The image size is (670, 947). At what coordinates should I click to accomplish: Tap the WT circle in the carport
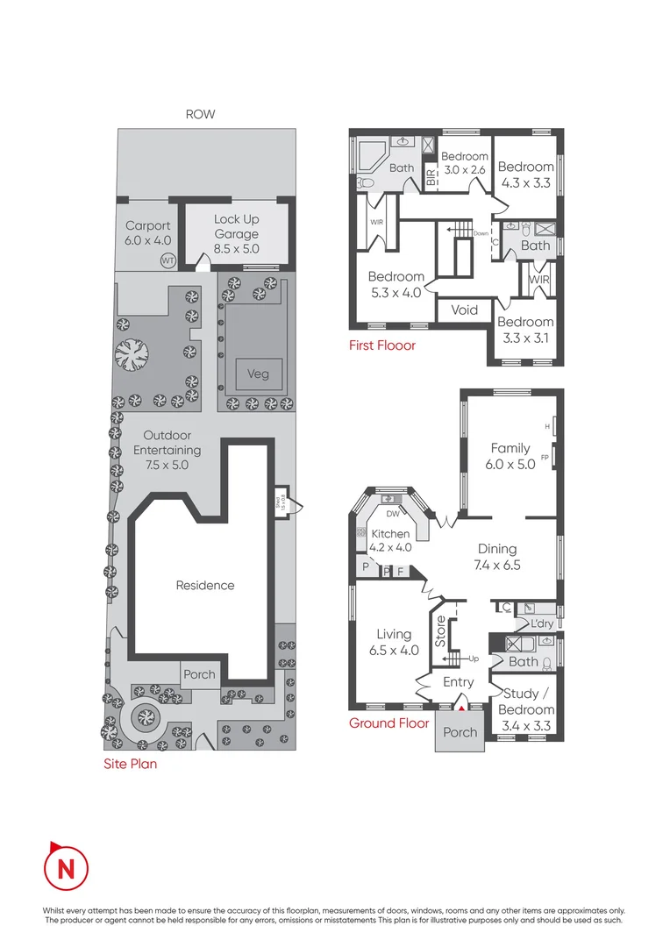click(167, 260)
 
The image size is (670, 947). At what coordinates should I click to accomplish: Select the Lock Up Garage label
click(236, 234)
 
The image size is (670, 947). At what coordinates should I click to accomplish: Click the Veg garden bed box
click(257, 374)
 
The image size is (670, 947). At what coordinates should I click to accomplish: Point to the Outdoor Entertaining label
click(167, 450)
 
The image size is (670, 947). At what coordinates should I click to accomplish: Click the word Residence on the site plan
click(204, 585)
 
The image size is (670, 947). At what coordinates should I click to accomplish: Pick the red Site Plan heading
click(130, 764)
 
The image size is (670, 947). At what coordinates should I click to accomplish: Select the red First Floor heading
click(382, 345)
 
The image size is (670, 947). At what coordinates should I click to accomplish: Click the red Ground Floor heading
click(388, 723)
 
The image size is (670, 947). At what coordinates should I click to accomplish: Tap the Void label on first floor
click(464, 310)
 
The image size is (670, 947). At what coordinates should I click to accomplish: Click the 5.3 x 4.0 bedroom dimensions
click(395, 293)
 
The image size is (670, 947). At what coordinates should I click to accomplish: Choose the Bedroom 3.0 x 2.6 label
click(464, 163)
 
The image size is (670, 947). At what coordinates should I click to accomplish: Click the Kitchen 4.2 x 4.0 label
click(390, 540)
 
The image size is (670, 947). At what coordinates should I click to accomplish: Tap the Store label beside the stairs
click(440, 630)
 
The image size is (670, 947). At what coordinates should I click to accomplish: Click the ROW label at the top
click(200, 114)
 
